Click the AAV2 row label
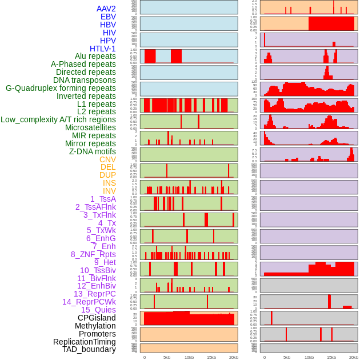106,9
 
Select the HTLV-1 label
102,49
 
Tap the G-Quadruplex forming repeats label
61,88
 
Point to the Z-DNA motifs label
92,151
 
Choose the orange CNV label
107,159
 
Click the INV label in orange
109,191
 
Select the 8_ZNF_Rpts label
93,254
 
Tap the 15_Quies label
98,309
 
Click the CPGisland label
97,318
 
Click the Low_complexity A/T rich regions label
58,119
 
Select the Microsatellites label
90,127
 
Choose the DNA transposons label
85,80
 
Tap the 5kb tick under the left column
167,357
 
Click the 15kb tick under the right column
331,357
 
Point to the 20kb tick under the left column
234,357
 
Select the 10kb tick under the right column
309,357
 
